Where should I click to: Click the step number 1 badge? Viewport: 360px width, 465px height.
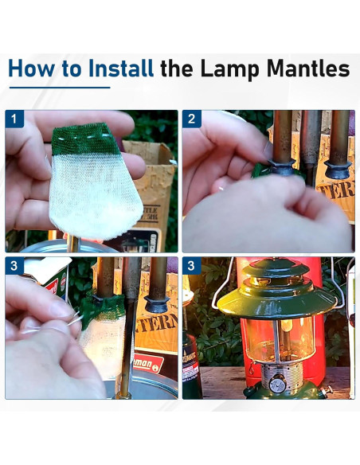pos(14,119)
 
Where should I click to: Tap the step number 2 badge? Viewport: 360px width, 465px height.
pos(191,119)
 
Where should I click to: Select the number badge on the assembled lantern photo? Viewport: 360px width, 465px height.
pos(191,266)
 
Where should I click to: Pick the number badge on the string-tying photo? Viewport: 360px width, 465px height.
pos(14,266)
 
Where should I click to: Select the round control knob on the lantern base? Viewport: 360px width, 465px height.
pos(277,385)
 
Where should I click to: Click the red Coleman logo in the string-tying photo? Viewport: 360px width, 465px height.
pos(148,365)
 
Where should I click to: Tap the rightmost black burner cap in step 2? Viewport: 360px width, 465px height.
pos(338,168)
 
